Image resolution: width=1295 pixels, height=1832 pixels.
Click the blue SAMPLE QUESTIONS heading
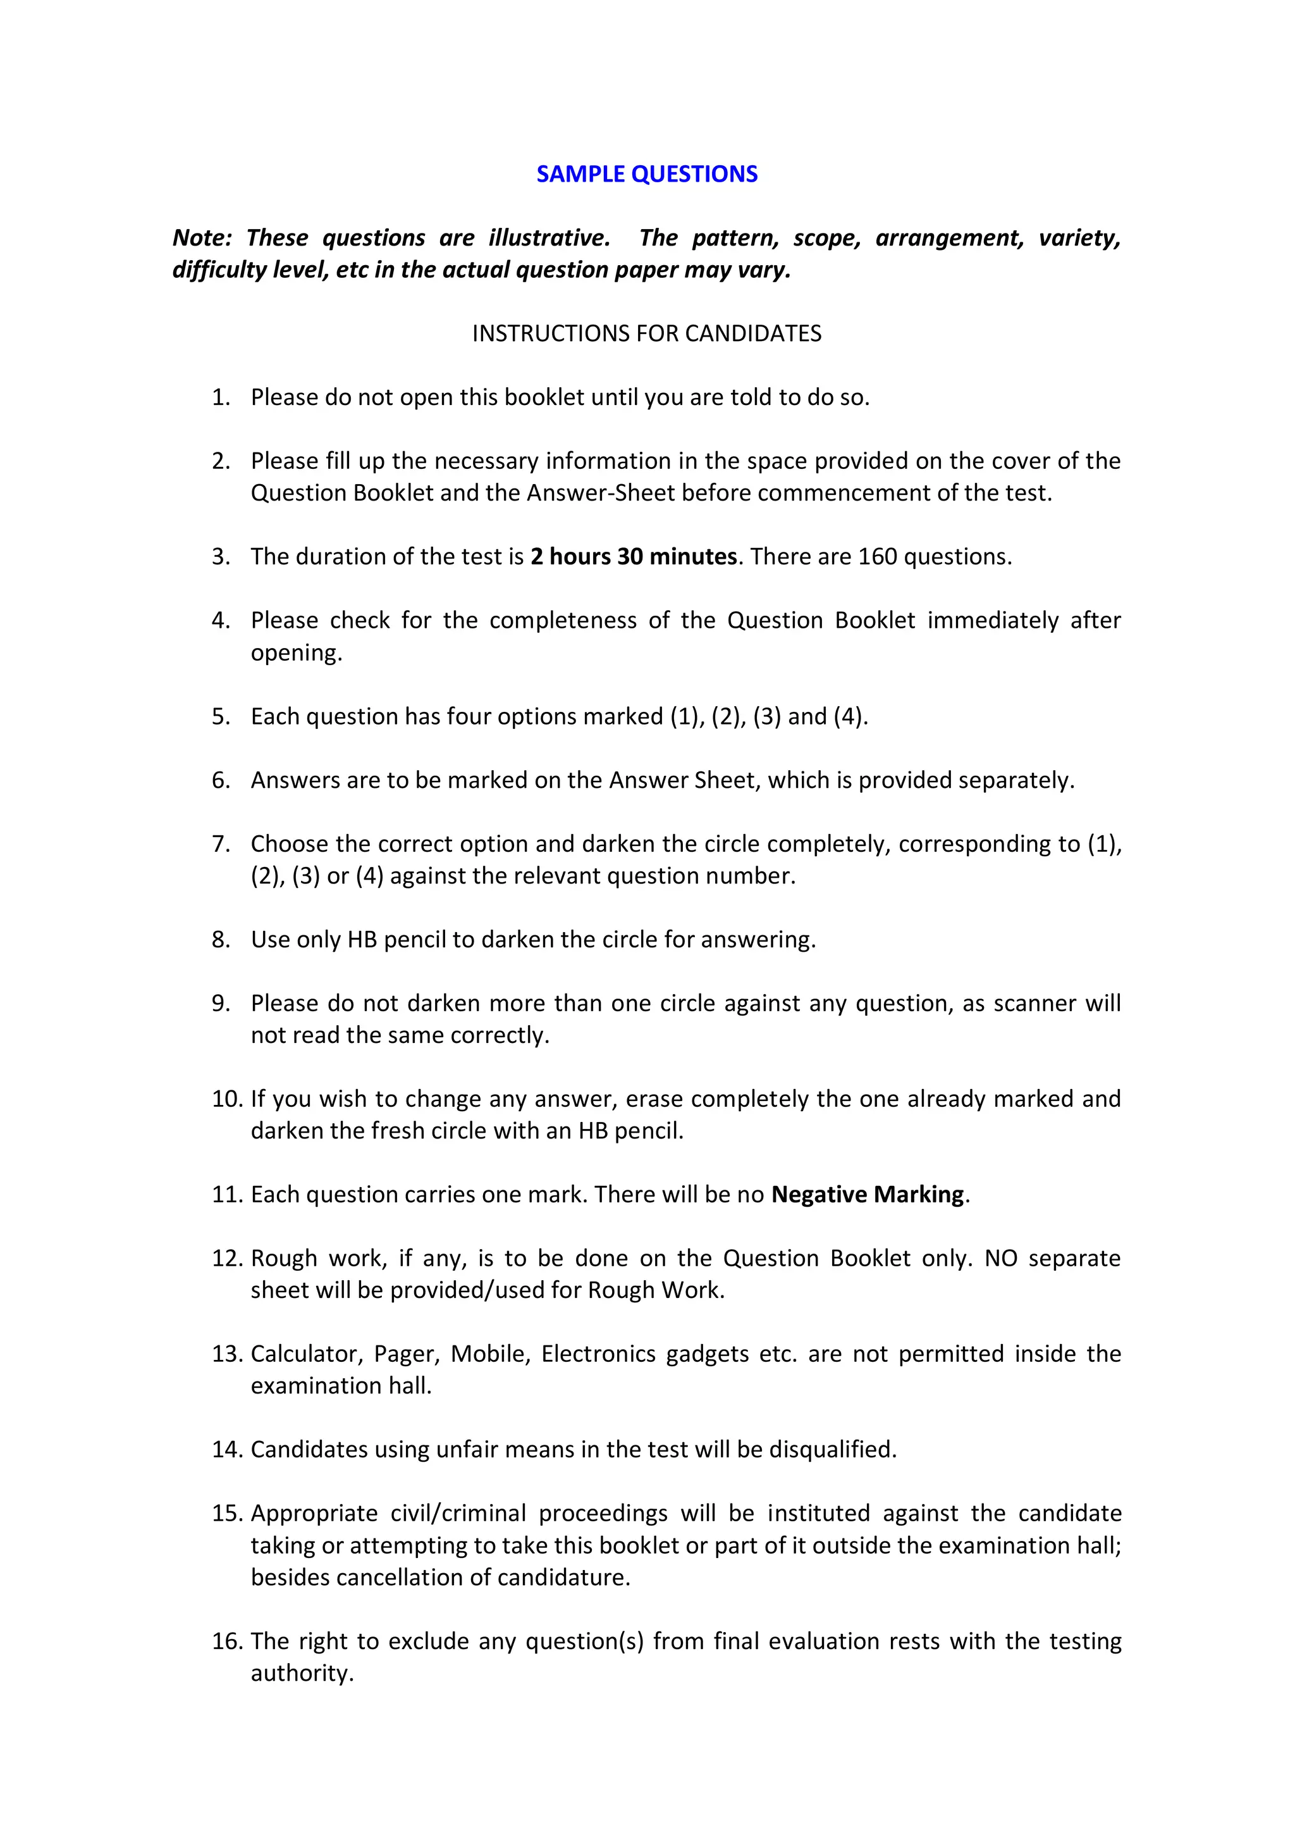coord(647,174)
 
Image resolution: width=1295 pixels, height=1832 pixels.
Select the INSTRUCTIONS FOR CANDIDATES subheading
coord(647,333)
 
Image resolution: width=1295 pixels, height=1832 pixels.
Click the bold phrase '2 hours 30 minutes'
coord(633,557)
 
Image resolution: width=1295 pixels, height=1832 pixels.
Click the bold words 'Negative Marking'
coord(868,1195)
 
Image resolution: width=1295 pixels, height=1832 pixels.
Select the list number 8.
coord(221,940)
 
